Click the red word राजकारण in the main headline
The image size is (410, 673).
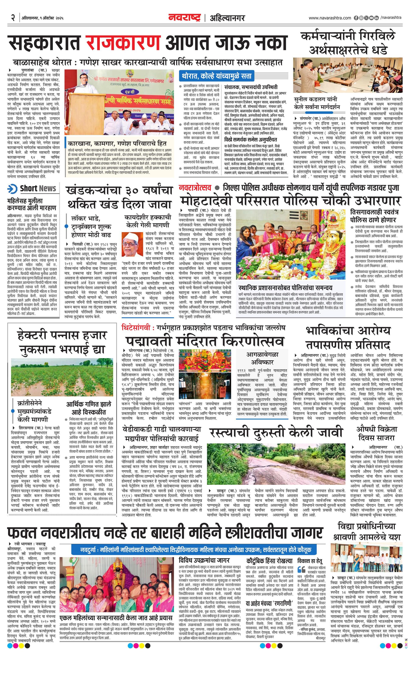pyautogui.click(x=123, y=42)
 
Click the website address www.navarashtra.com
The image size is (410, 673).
pyautogui.click(x=330, y=18)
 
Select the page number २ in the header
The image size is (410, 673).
pyautogui.click(x=13, y=18)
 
